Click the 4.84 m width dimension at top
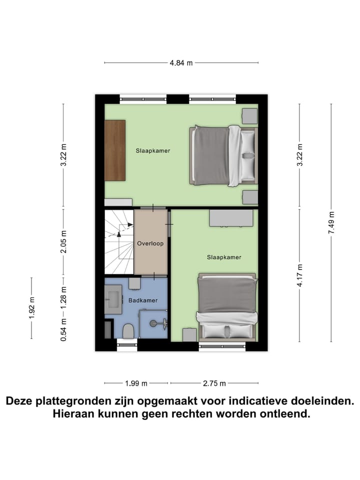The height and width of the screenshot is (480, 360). (181, 63)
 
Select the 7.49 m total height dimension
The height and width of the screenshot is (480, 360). (331, 222)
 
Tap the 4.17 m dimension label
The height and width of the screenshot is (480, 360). (299, 274)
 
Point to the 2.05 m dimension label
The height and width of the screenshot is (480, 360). (63, 242)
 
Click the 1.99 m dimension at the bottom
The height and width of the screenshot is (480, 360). (136, 383)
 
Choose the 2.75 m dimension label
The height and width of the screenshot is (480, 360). (214, 383)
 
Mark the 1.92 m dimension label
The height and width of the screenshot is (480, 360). (31, 308)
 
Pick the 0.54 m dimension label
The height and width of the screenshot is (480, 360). (63, 330)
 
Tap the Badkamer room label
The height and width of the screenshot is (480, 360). (143, 300)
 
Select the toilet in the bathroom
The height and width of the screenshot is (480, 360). (127, 330)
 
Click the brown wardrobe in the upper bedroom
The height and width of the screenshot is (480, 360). (114, 151)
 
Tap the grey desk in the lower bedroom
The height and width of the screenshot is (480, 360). (231, 218)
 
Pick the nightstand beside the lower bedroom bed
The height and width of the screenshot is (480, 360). (189, 334)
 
